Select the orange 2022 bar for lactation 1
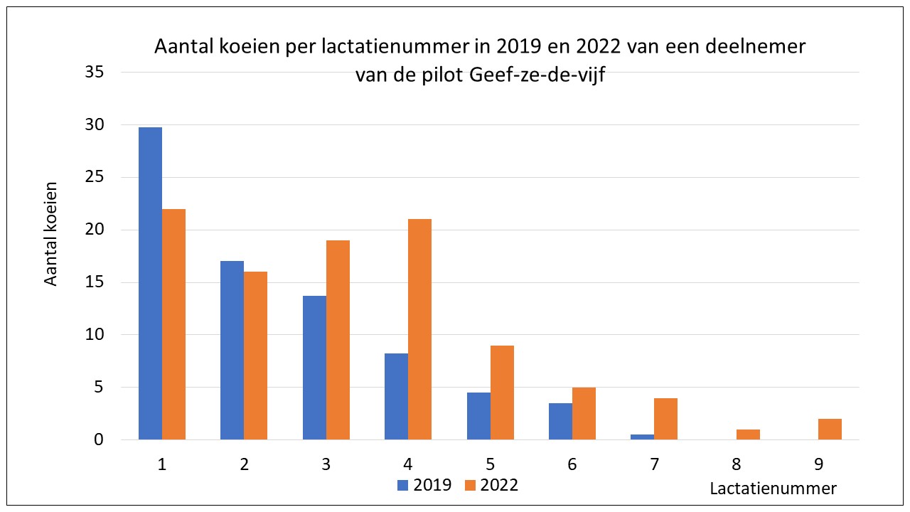click(x=173, y=324)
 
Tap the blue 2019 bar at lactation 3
click(x=314, y=368)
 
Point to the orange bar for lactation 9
click(x=830, y=430)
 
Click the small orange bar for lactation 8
click(x=748, y=434)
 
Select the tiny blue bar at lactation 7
click(x=642, y=437)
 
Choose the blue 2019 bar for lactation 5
click(x=478, y=416)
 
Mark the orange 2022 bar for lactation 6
click(x=584, y=414)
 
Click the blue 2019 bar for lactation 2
click(x=232, y=350)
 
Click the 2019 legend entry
click(x=424, y=485)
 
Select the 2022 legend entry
click(x=491, y=485)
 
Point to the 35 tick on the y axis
click(x=95, y=73)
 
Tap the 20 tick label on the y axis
click(x=95, y=230)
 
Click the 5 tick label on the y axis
click(x=100, y=388)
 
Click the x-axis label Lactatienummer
click(x=773, y=489)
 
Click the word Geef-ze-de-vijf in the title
click(x=540, y=74)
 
